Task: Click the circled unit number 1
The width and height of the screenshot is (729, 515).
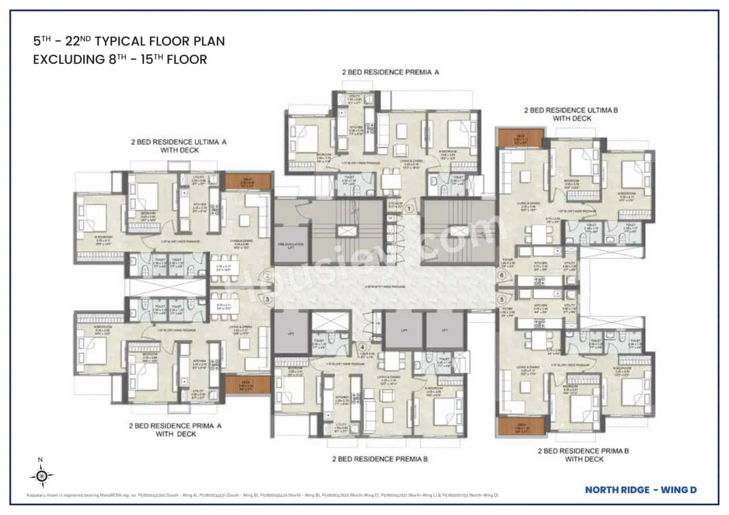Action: pyautogui.click(x=408, y=209)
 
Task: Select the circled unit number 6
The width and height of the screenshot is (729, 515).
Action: pyautogui.click(x=502, y=276)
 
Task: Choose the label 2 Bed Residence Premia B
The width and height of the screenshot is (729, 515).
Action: pyautogui.click(x=380, y=459)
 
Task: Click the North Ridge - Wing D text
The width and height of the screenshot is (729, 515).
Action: pyautogui.click(x=641, y=489)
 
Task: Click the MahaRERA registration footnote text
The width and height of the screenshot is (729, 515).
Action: pyautogui.click(x=262, y=495)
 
